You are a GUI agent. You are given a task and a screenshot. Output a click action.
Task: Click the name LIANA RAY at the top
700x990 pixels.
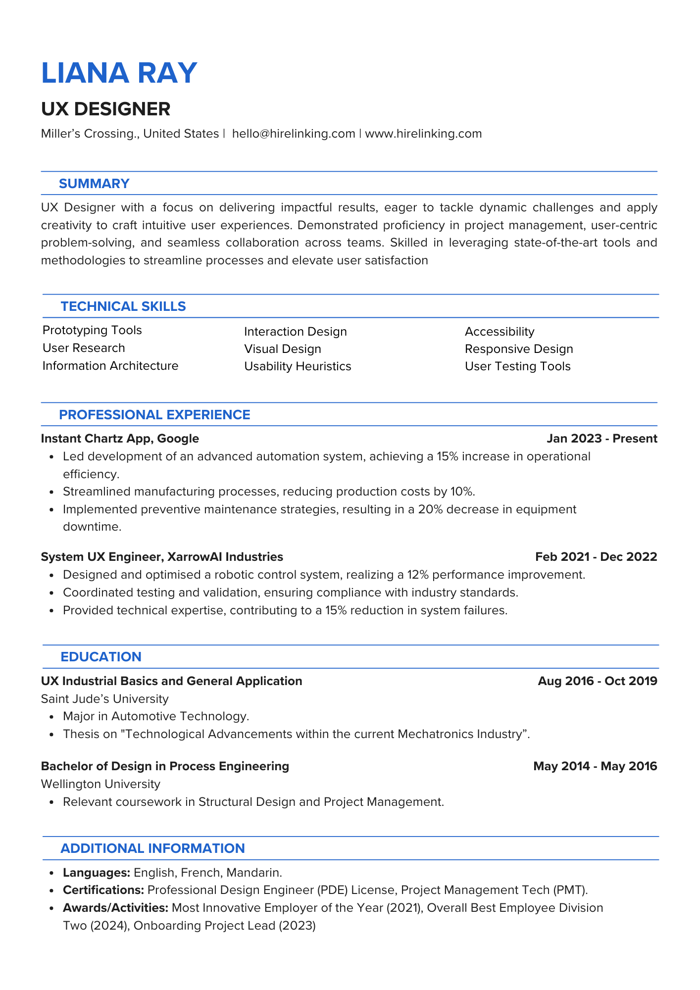(x=119, y=73)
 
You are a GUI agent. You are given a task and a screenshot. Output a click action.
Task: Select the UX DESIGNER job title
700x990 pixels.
(x=105, y=109)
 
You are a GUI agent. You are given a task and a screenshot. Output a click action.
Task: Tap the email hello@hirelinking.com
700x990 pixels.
(x=294, y=134)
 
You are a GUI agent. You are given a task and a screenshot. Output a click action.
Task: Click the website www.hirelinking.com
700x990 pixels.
(x=423, y=134)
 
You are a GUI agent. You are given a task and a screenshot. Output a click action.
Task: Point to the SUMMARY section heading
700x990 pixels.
(x=94, y=184)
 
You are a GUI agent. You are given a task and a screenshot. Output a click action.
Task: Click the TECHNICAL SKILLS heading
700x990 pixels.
(x=123, y=306)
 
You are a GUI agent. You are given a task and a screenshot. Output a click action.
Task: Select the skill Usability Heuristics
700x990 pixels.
(x=298, y=366)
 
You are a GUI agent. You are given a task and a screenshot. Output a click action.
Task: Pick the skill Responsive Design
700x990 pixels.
(x=519, y=349)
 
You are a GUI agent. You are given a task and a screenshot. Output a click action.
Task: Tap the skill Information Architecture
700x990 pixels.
(x=110, y=366)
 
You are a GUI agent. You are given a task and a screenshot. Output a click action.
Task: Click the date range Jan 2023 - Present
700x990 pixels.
(x=602, y=439)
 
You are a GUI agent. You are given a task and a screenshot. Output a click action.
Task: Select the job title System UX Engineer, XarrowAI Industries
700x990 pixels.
(x=162, y=557)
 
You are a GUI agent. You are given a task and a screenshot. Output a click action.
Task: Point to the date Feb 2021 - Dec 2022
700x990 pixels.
(x=596, y=557)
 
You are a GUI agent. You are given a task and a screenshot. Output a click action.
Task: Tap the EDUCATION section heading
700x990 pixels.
(x=101, y=657)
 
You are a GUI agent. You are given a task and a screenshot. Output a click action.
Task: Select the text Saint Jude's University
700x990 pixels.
(x=104, y=699)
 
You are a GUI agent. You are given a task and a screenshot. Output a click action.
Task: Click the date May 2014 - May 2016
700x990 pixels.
(x=595, y=766)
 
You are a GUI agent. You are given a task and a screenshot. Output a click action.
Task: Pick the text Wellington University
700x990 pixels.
(x=100, y=784)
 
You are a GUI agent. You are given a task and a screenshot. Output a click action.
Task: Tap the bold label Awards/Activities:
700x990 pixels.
(x=116, y=908)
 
